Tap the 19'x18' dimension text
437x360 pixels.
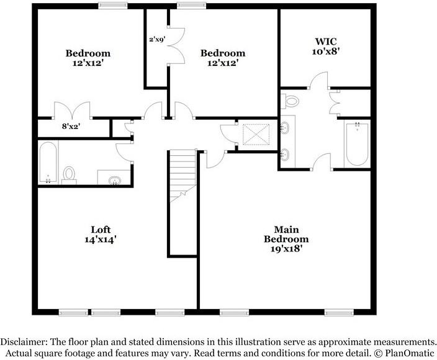click(286, 248)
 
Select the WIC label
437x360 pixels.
click(326, 43)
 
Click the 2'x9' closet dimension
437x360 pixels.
click(156, 40)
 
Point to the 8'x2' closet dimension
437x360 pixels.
click(71, 127)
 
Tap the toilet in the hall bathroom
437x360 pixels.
click(70, 174)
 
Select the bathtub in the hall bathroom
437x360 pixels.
click(48, 163)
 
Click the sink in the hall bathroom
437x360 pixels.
click(115, 181)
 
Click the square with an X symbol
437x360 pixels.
click(253, 134)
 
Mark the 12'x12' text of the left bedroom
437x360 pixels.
click(88, 63)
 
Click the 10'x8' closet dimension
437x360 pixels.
click(326, 53)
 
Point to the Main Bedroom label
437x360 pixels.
click(286, 234)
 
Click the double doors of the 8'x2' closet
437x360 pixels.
click(73, 110)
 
